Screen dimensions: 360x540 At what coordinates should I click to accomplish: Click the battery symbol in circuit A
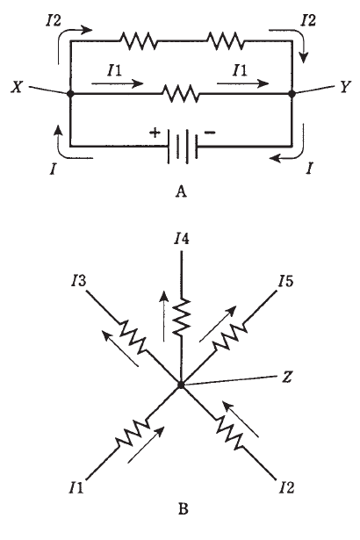click(x=183, y=147)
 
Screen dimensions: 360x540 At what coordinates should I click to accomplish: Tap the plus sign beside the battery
click(x=155, y=133)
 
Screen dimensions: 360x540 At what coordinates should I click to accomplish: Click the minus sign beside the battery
click(x=210, y=133)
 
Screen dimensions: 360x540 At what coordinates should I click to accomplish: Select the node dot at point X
click(x=70, y=93)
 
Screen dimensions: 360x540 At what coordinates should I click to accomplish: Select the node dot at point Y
click(x=292, y=93)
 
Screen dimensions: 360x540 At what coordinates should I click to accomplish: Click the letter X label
click(x=17, y=87)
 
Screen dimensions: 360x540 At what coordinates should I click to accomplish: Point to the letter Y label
click(x=344, y=87)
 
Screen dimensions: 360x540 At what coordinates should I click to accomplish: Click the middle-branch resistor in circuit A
click(x=181, y=93)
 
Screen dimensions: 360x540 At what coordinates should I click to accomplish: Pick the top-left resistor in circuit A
click(x=138, y=41)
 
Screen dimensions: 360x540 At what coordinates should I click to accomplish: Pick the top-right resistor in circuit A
click(x=226, y=41)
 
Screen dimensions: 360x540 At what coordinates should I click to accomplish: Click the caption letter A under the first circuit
click(x=181, y=191)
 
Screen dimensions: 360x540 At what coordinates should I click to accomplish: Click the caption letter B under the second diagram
click(x=183, y=508)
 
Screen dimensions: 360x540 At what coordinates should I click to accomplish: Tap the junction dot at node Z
click(x=181, y=385)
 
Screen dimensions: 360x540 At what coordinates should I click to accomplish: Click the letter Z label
click(x=287, y=378)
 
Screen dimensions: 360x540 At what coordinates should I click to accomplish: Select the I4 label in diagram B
click(x=182, y=239)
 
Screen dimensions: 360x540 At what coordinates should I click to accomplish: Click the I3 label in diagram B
click(x=78, y=281)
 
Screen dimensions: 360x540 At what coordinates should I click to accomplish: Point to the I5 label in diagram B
click(x=286, y=281)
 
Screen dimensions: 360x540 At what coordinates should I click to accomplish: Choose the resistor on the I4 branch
click(x=181, y=317)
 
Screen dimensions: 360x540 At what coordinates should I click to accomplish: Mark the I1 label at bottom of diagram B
click(x=76, y=487)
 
